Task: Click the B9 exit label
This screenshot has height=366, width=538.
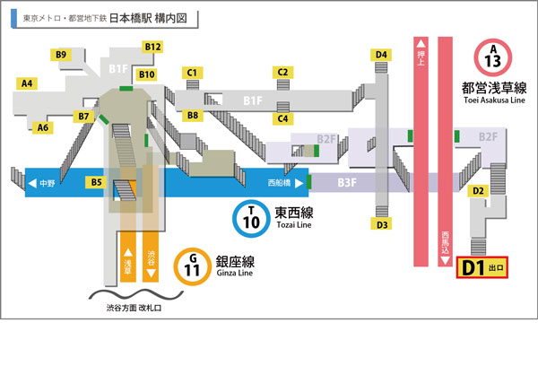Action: pyautogui.click(x=62, y=55)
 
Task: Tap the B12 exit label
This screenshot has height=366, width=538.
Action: pyautogui.click(x=152, y=46)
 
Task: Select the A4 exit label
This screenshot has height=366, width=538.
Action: pyautogui.click(x=28, y=83)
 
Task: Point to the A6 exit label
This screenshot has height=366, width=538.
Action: pyautogui.click(x=42, y=127)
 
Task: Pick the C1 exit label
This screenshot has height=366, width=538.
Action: pyautogui.click(x=191, y=72)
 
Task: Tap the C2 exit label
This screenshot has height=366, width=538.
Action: pyautogui.click(x=282, y=72)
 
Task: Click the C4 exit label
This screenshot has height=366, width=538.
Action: pyautogui.click(x=282, y=118)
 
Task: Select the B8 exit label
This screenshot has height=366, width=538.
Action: pyautogui.click(x=191, y=116)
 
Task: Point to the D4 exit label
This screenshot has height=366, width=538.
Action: pyautogui.click(x=381, y=55)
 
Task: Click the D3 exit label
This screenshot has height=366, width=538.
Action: pyautogui.click(x=381, y=224)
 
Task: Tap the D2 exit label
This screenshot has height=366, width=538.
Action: pyautogui.click(x=479, y=190)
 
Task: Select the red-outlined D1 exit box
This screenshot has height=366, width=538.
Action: pyautogui.click(x=483, y=266)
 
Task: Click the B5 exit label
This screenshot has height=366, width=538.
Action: pyautogui.click(x=96, y=182)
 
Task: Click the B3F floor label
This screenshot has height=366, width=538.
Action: pyautogui.click(x=347, y=182)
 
